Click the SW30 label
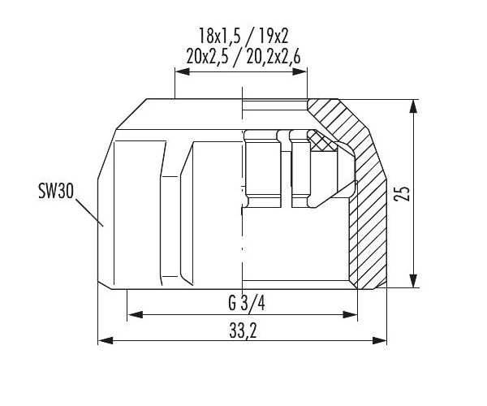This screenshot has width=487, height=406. [56, 191]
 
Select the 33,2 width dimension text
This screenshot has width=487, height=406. [243, 330]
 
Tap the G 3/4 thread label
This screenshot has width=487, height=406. [247, 303]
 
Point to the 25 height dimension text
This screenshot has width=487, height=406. [402, 194]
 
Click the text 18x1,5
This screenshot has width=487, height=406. [219, 36]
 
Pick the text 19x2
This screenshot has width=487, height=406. [273, 36]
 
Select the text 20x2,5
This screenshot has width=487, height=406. [207, 57]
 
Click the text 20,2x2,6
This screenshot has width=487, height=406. [274, 57]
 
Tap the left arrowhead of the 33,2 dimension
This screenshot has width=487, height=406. [106, 340]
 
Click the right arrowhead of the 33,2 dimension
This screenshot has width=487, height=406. [380, 340]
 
